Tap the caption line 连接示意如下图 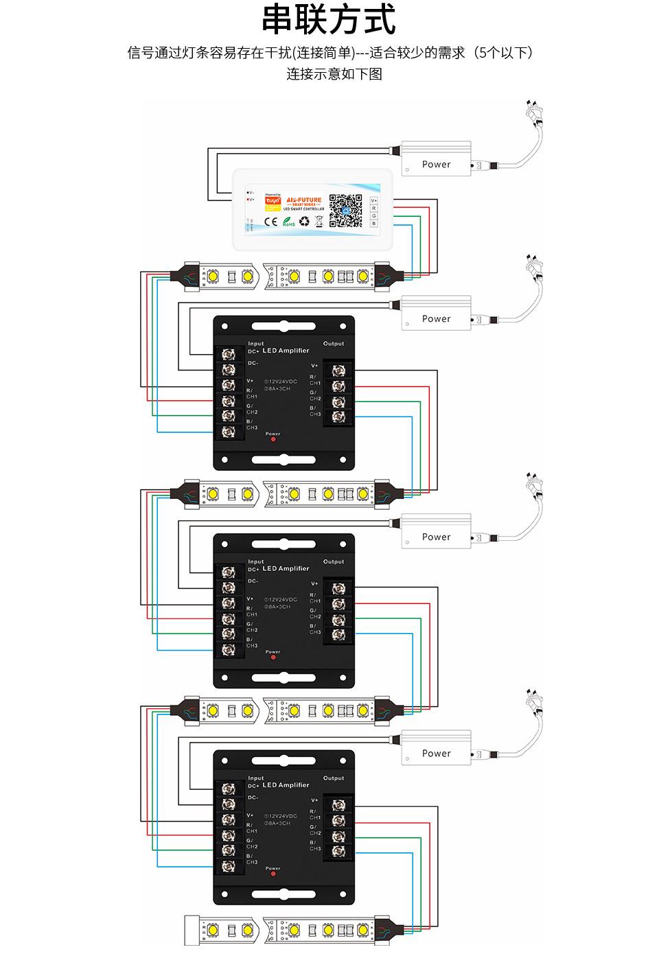pyautogui.click(x=334, y=73)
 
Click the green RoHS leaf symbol pyautogui.click(x=288, y=222)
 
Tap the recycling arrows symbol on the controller pyautogui.click(x=304, y=222)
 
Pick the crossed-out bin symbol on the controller pyautogui.click(x=319, y=222)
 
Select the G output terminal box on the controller pyautogui.click(x=374, y=215)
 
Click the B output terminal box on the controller pyautogui.click(x=374, y=223)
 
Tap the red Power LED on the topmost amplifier pyautogui.click(x=273, y=440)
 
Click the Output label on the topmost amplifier pyautogui.click(x=334, y=343)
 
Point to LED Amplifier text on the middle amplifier pyautogui.click(x=286, y=568)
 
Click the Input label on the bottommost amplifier pyautogui.click(x=255, y=778)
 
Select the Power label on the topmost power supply pyautogui.click(x=436, y=164)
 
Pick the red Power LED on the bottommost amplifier pyautogui.click(x=273, y=875)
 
